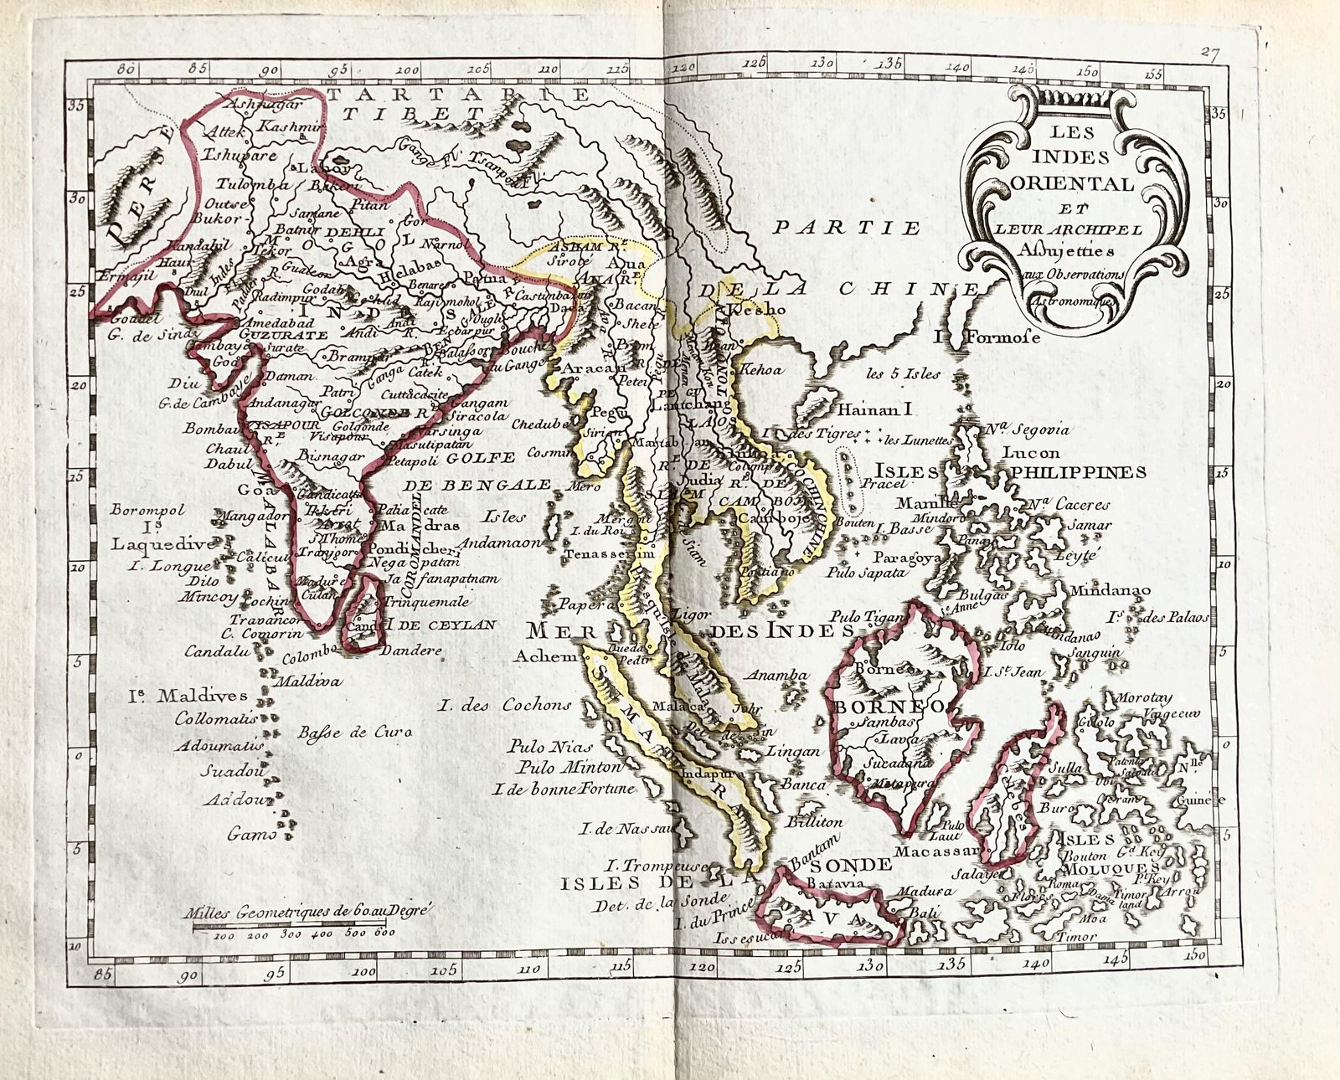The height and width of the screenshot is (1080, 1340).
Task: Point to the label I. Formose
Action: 987,338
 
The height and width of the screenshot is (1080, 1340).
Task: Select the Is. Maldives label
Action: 188,696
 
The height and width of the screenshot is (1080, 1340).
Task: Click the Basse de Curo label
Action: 358,733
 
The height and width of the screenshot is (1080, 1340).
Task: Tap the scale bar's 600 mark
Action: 384,932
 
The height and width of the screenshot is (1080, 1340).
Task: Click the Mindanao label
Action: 1115,589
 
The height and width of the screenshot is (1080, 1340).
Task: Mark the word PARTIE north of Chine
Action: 846,228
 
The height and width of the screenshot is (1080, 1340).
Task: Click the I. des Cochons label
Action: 505,705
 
